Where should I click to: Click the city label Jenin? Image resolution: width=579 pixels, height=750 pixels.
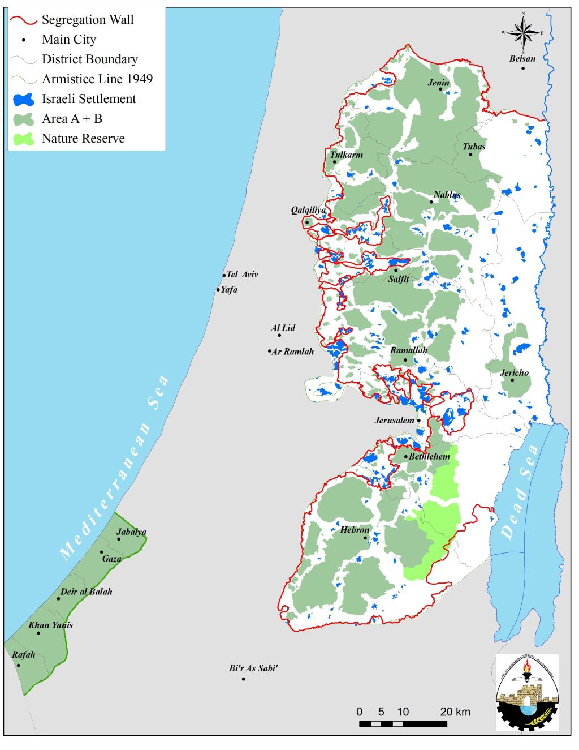tap(438, 83)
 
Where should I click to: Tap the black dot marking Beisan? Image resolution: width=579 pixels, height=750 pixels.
tap(523, 68)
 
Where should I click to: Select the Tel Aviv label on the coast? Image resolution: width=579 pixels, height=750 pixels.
tap(242, 275)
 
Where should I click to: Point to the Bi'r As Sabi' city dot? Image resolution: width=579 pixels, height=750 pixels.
tap(244, 679)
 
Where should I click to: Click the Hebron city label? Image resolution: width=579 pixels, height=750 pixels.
tap(355, 530)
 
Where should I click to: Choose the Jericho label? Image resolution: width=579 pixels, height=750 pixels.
tap(514, 372)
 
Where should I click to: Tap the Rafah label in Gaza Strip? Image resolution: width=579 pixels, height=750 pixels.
tap(24, 655)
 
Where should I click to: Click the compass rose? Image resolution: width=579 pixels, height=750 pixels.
tap(523, 33)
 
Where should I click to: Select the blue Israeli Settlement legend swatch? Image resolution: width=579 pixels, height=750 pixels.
tap(23, 100)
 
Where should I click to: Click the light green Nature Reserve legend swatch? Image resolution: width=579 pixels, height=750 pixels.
tap(23, 139)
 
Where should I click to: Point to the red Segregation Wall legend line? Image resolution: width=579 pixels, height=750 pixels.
tap(23, 20)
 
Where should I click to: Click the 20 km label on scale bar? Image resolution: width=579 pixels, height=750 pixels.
tap(455, 712)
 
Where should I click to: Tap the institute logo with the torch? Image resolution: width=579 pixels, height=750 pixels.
tap(526, 692)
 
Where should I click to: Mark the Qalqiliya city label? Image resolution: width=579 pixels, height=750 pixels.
tap(308, 210)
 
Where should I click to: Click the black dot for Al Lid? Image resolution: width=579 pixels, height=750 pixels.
tap(279, 336)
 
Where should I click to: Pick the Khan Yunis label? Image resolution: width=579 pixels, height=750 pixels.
tap(50, 625)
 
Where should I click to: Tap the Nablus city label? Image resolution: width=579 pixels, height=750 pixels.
tap(447, 195)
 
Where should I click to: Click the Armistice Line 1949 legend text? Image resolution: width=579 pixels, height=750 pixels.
tap(97, 79)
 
